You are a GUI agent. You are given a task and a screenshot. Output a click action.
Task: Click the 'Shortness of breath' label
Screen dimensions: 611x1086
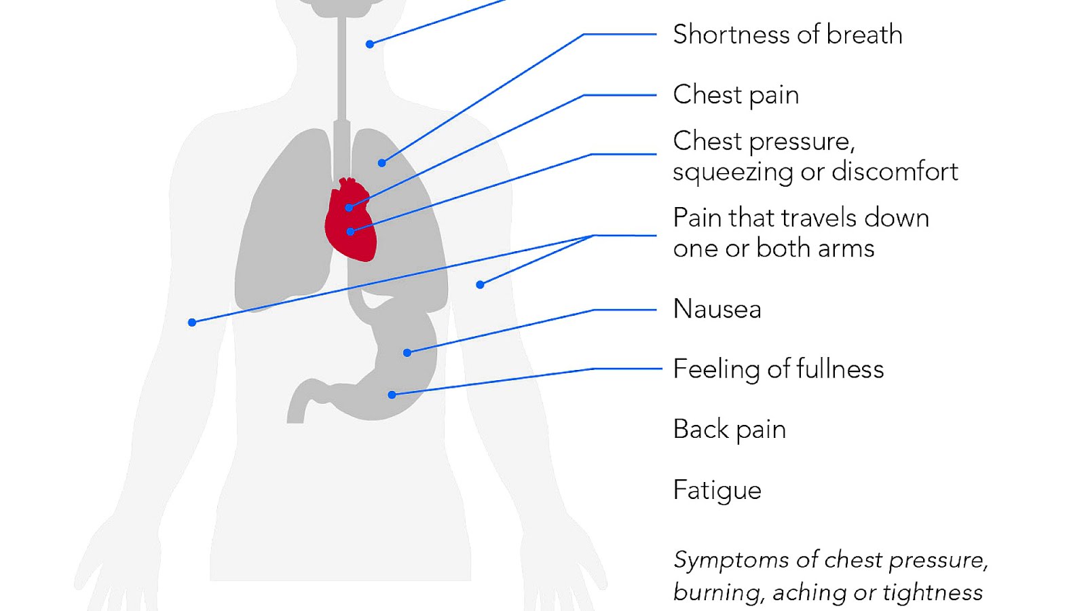coord(787,35)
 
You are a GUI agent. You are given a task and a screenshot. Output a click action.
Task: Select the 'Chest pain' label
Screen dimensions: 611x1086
coord(736,95)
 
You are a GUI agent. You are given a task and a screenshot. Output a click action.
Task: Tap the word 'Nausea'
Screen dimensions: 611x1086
coord(717,310)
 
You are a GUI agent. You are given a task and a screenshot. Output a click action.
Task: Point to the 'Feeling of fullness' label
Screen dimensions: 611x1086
coord(778,369)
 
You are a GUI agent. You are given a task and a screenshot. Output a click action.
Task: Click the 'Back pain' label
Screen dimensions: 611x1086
coord(729,430)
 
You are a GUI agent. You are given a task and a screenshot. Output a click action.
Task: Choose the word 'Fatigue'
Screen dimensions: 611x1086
coord(717,490)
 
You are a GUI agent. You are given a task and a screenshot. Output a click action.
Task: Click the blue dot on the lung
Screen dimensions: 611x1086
coord(381,163)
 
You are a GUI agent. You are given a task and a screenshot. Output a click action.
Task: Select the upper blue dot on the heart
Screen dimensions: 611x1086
coord(349,208)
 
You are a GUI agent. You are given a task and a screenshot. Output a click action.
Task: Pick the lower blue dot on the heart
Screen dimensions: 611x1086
coord(350,232)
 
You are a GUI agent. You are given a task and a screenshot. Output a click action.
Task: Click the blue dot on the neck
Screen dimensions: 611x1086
coord(370,44)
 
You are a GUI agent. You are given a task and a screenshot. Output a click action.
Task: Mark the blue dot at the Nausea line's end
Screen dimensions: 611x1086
coord(407,352)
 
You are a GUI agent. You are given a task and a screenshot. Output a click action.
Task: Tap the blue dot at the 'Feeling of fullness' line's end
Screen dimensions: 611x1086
coord(392,394)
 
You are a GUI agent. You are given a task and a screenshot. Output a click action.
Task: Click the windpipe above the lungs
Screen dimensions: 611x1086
coord(342,75)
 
